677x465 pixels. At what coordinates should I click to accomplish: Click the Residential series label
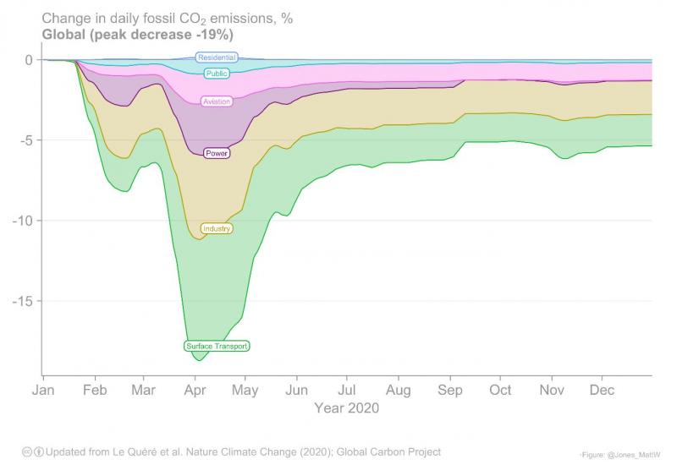pos(217,57)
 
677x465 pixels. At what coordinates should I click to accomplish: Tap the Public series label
pos(217,74)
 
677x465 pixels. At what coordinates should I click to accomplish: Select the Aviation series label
pos(217,101)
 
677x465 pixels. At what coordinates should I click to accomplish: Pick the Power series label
pos(217,153)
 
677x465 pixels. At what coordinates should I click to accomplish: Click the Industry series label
pos(217,228)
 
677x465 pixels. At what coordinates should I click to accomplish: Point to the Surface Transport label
pos(217,346)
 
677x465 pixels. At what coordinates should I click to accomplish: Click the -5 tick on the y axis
pos(25,140)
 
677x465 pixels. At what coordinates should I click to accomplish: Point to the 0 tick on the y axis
pos(28,60)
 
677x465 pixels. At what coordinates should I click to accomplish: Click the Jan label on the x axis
pos(42,391)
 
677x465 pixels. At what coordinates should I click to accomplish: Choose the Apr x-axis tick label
pos(195,391)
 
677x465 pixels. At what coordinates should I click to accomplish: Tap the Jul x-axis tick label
pos(347,391)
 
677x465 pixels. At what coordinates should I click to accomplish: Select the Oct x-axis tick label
pos(500,391)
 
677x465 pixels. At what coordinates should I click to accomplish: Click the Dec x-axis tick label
pos(603,391)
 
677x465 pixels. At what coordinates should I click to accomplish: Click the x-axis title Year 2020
pos(347,408)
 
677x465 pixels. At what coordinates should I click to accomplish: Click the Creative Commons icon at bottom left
pos(27,452)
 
